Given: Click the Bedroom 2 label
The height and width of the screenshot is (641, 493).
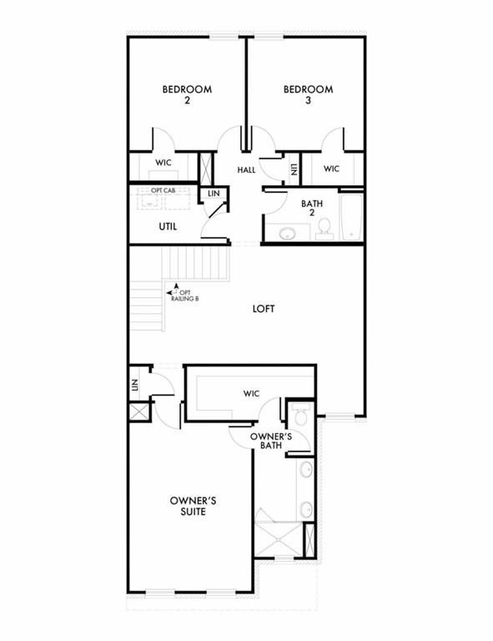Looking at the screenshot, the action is pyautogui.click(x=187, y=94).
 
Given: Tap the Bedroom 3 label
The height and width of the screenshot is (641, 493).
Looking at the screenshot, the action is pyautogui.click(x=309, y=94).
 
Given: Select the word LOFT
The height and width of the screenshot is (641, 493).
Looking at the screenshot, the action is pyautogui.click(x=264, y=309).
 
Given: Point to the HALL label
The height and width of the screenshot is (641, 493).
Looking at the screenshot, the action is pyautogui.click(x=246, y=169).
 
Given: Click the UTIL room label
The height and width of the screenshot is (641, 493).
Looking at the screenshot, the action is pyautogui.click(x=168, y=226).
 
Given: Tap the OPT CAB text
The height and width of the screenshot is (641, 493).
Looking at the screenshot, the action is pyautogui.click(x=163, y=190).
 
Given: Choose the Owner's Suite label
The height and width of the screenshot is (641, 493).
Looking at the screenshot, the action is pyautogui.click(x=194, y=506).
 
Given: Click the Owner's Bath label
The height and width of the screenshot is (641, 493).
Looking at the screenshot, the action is pyautogui.click(x=271, y=441).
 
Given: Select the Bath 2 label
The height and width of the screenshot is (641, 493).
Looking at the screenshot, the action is pyautogui.click(x=312, y=208).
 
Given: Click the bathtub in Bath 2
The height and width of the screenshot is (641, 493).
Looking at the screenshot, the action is pyautogui.click(x=351, y=217).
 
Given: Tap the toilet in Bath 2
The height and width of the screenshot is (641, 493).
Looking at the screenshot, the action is pyautogui.click(x=324, y=229).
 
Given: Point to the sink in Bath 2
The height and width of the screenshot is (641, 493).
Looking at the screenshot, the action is pyautogui.click(x=287, y=234).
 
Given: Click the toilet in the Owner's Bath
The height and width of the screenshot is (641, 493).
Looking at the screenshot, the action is pyautogui.click(x=301, y=414).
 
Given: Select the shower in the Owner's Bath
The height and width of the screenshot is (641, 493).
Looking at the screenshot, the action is pyautogui.click(x=279, y=539).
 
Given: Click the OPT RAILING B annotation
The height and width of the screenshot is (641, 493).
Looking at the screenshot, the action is pyautogui.click(x=183, y=295).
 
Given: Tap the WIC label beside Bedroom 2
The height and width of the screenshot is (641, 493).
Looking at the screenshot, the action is pyautogui.click(x=163, y=163).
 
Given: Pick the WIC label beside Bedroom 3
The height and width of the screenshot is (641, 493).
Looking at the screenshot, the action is pyautogui.click(x=331, y=169).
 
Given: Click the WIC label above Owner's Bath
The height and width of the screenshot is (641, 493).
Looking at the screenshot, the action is pyautogui.click(x=251, y=393).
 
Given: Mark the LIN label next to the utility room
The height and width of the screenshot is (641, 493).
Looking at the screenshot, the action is pyautogui.click(x=214, y=194).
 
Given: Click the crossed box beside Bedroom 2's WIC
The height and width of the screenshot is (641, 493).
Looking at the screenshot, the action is pyautogui.click(x=205, y=168).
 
